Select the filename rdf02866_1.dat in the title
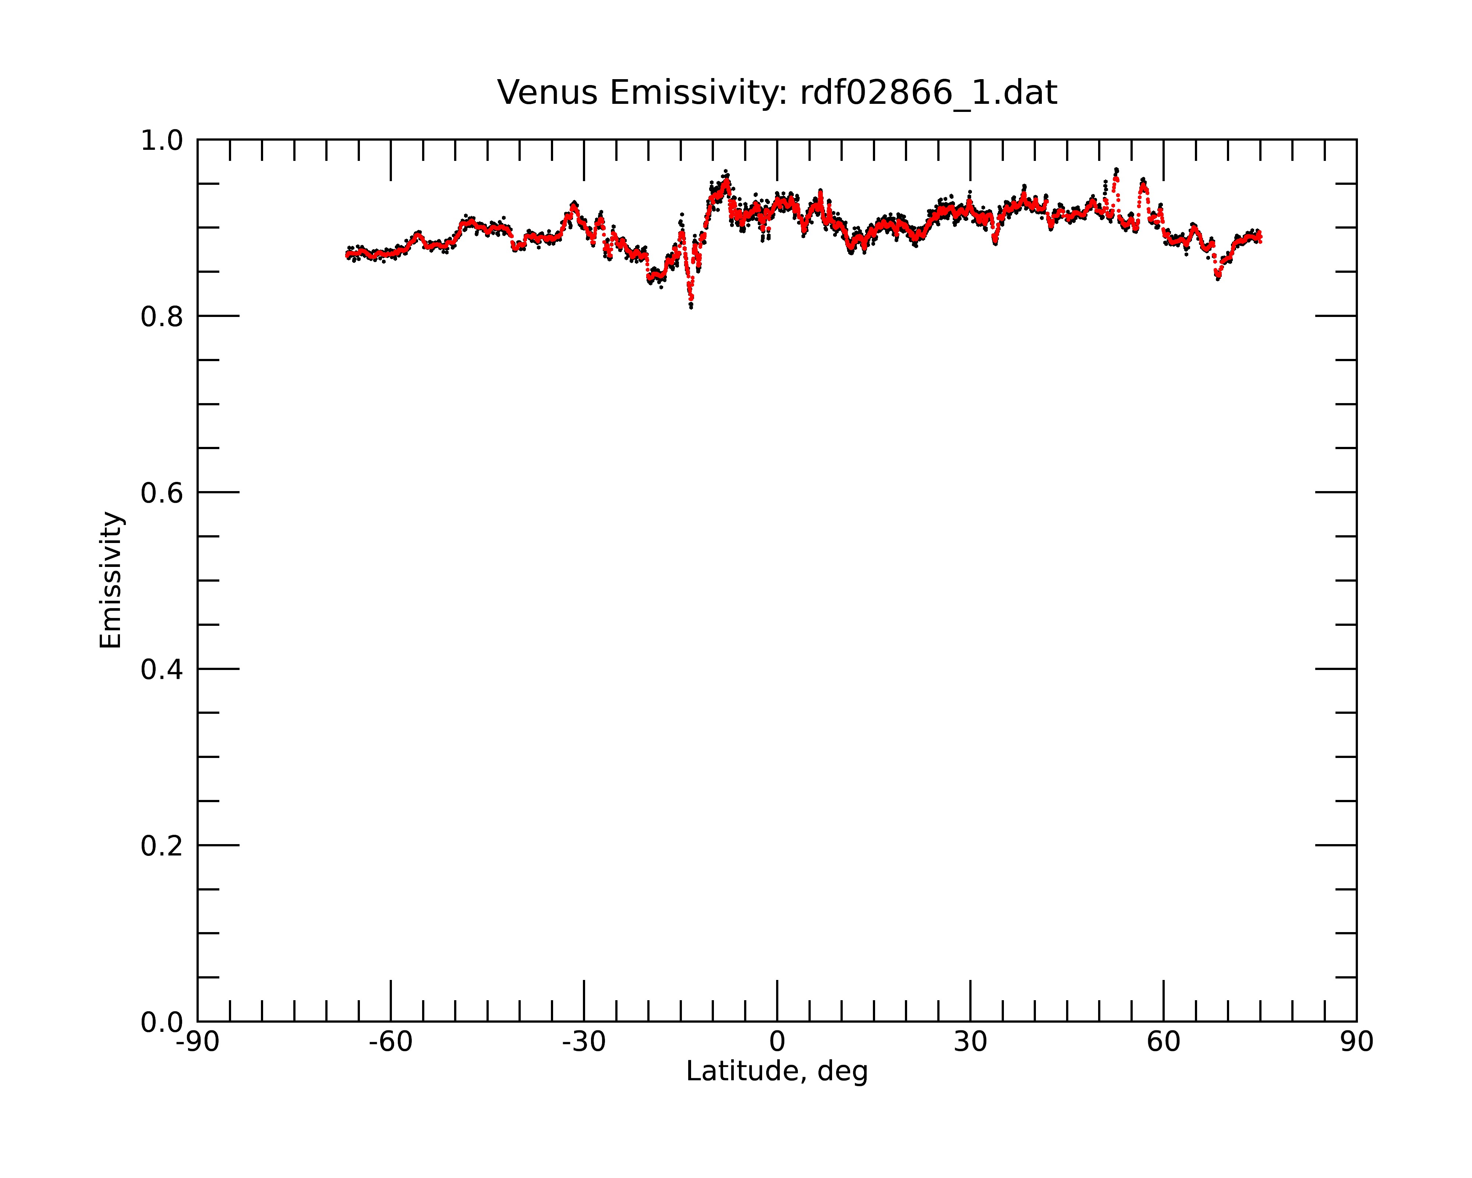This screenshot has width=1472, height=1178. coord(928,93)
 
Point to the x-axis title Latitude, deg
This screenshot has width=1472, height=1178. coord(777,1072)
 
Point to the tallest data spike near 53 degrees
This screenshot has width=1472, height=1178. coord(1116,170)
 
